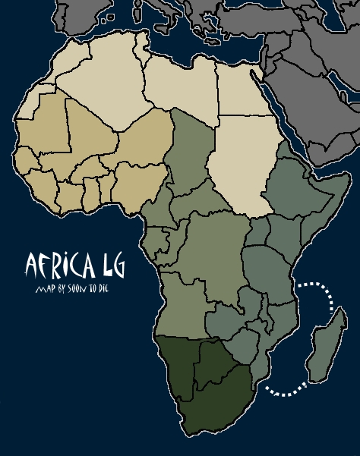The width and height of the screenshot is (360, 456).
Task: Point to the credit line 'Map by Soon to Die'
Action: (68, 289)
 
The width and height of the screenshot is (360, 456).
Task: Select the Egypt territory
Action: (242, 91)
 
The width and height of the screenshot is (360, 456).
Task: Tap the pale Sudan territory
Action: (239, 163)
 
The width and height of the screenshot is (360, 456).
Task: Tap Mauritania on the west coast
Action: (46, 125)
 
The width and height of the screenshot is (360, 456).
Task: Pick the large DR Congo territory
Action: (216, 250)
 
